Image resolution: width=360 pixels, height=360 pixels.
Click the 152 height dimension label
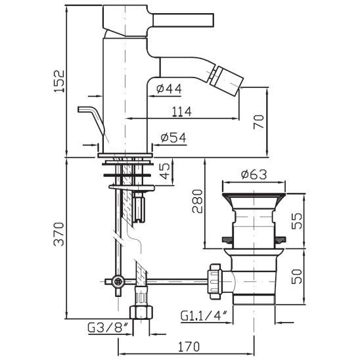[x=60, y=81]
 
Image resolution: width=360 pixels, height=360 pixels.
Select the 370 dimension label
[x=58, y=234]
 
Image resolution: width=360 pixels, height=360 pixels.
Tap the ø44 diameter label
[x=169, y=89]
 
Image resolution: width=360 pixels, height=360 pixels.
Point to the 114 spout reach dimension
[x=182, y=112]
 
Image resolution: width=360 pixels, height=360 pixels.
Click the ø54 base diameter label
[x=173, y=138]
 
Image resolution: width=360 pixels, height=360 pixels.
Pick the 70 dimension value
[x=259, y=122]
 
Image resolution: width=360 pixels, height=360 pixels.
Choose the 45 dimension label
[x=165, y=171]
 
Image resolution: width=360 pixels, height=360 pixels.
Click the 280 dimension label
[x=198, y=202]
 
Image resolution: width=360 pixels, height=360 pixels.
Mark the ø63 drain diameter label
[x=254, y=175]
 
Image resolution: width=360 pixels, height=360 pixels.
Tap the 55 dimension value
[x=298, y=221]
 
